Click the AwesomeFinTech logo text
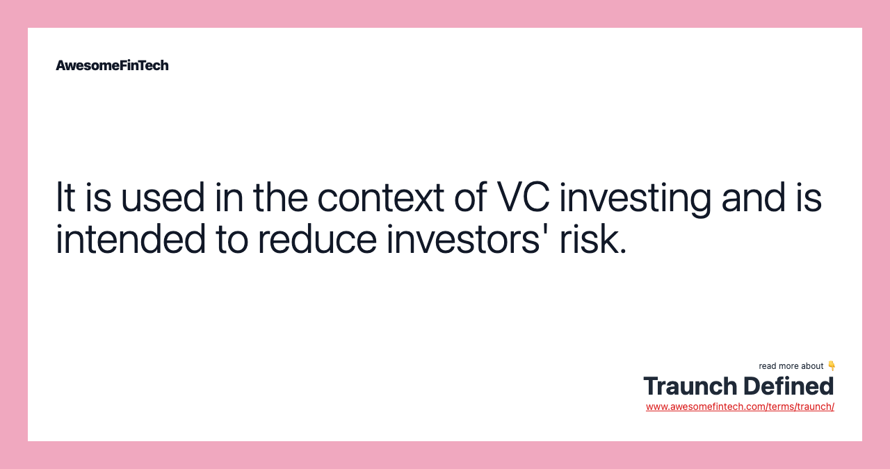click(112, 65)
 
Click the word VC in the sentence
click(522, 197)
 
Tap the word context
click(380, 197)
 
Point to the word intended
click(130, 240)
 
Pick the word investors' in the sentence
click(460, 240)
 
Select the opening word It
click(64, 197)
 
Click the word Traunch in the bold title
click(690, 386)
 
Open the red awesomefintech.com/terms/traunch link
click(740, 406)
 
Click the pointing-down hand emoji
click(832, 365)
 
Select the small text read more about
click(791, 366)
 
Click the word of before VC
click(469, 197)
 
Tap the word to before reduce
click(232, 240)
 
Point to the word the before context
click(280, 197)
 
